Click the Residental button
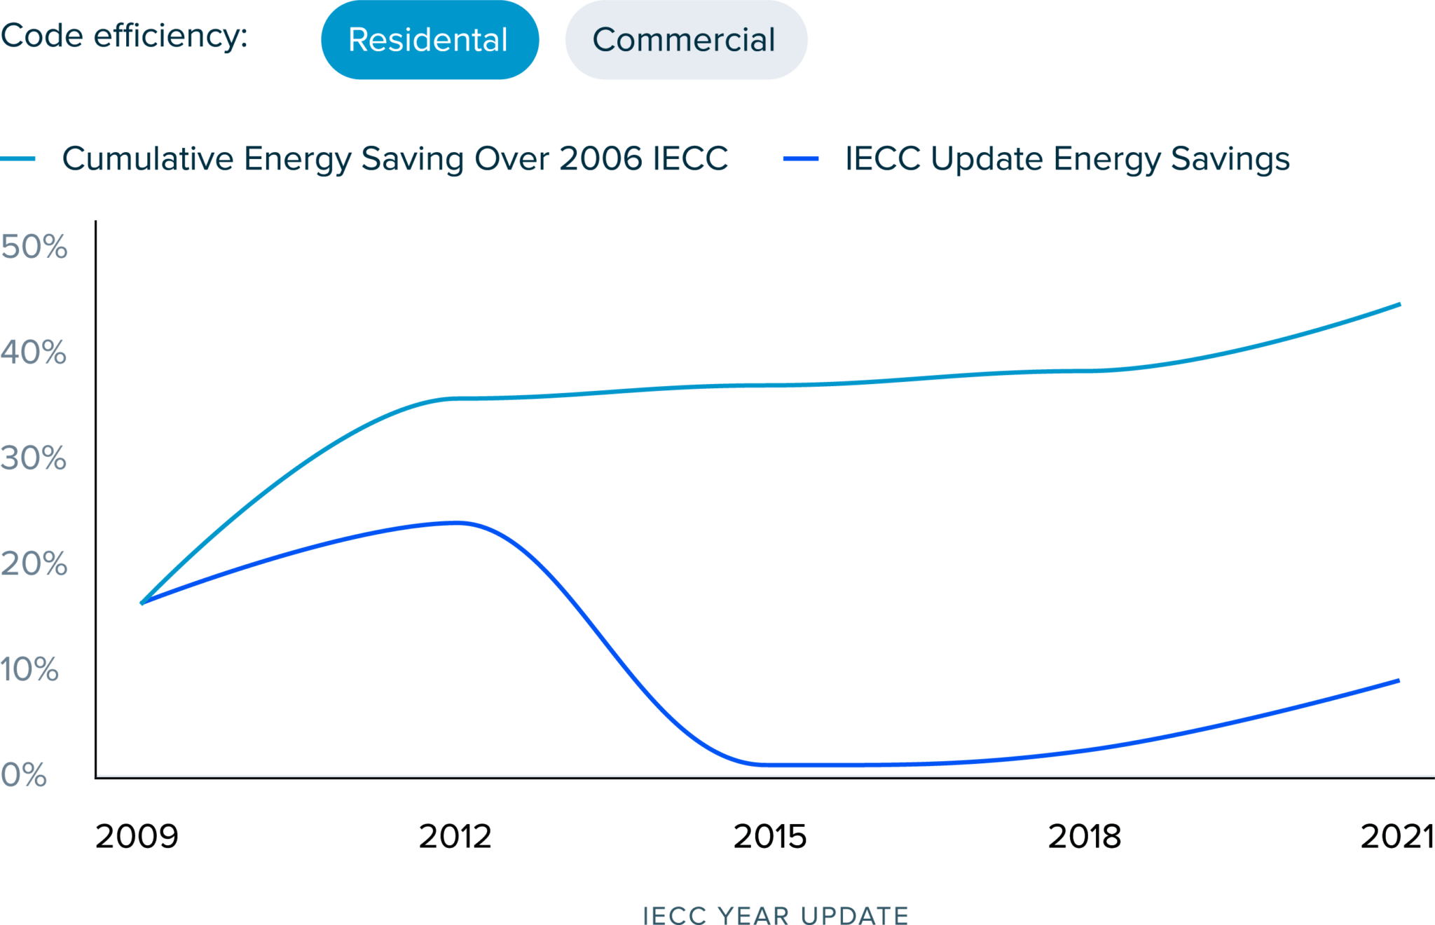point(429,40)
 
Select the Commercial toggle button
point(685,40)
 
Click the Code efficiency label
point(124,36)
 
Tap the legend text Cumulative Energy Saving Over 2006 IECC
point(395,159)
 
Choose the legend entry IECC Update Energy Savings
point(1066,159)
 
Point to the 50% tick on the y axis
point(34,247)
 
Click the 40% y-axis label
point(34,352)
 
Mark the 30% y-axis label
point(34,458)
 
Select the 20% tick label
point(34,564)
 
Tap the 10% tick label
point(29,670)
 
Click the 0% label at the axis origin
point(24,775)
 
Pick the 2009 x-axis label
point(137,837)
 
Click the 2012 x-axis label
point(455,837)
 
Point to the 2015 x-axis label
point(770,837)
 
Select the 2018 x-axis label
point(1085,837)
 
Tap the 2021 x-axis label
point(1396,837)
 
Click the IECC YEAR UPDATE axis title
point(776,914)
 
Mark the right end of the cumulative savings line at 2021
point(1399,305)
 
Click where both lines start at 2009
point(142,603)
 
